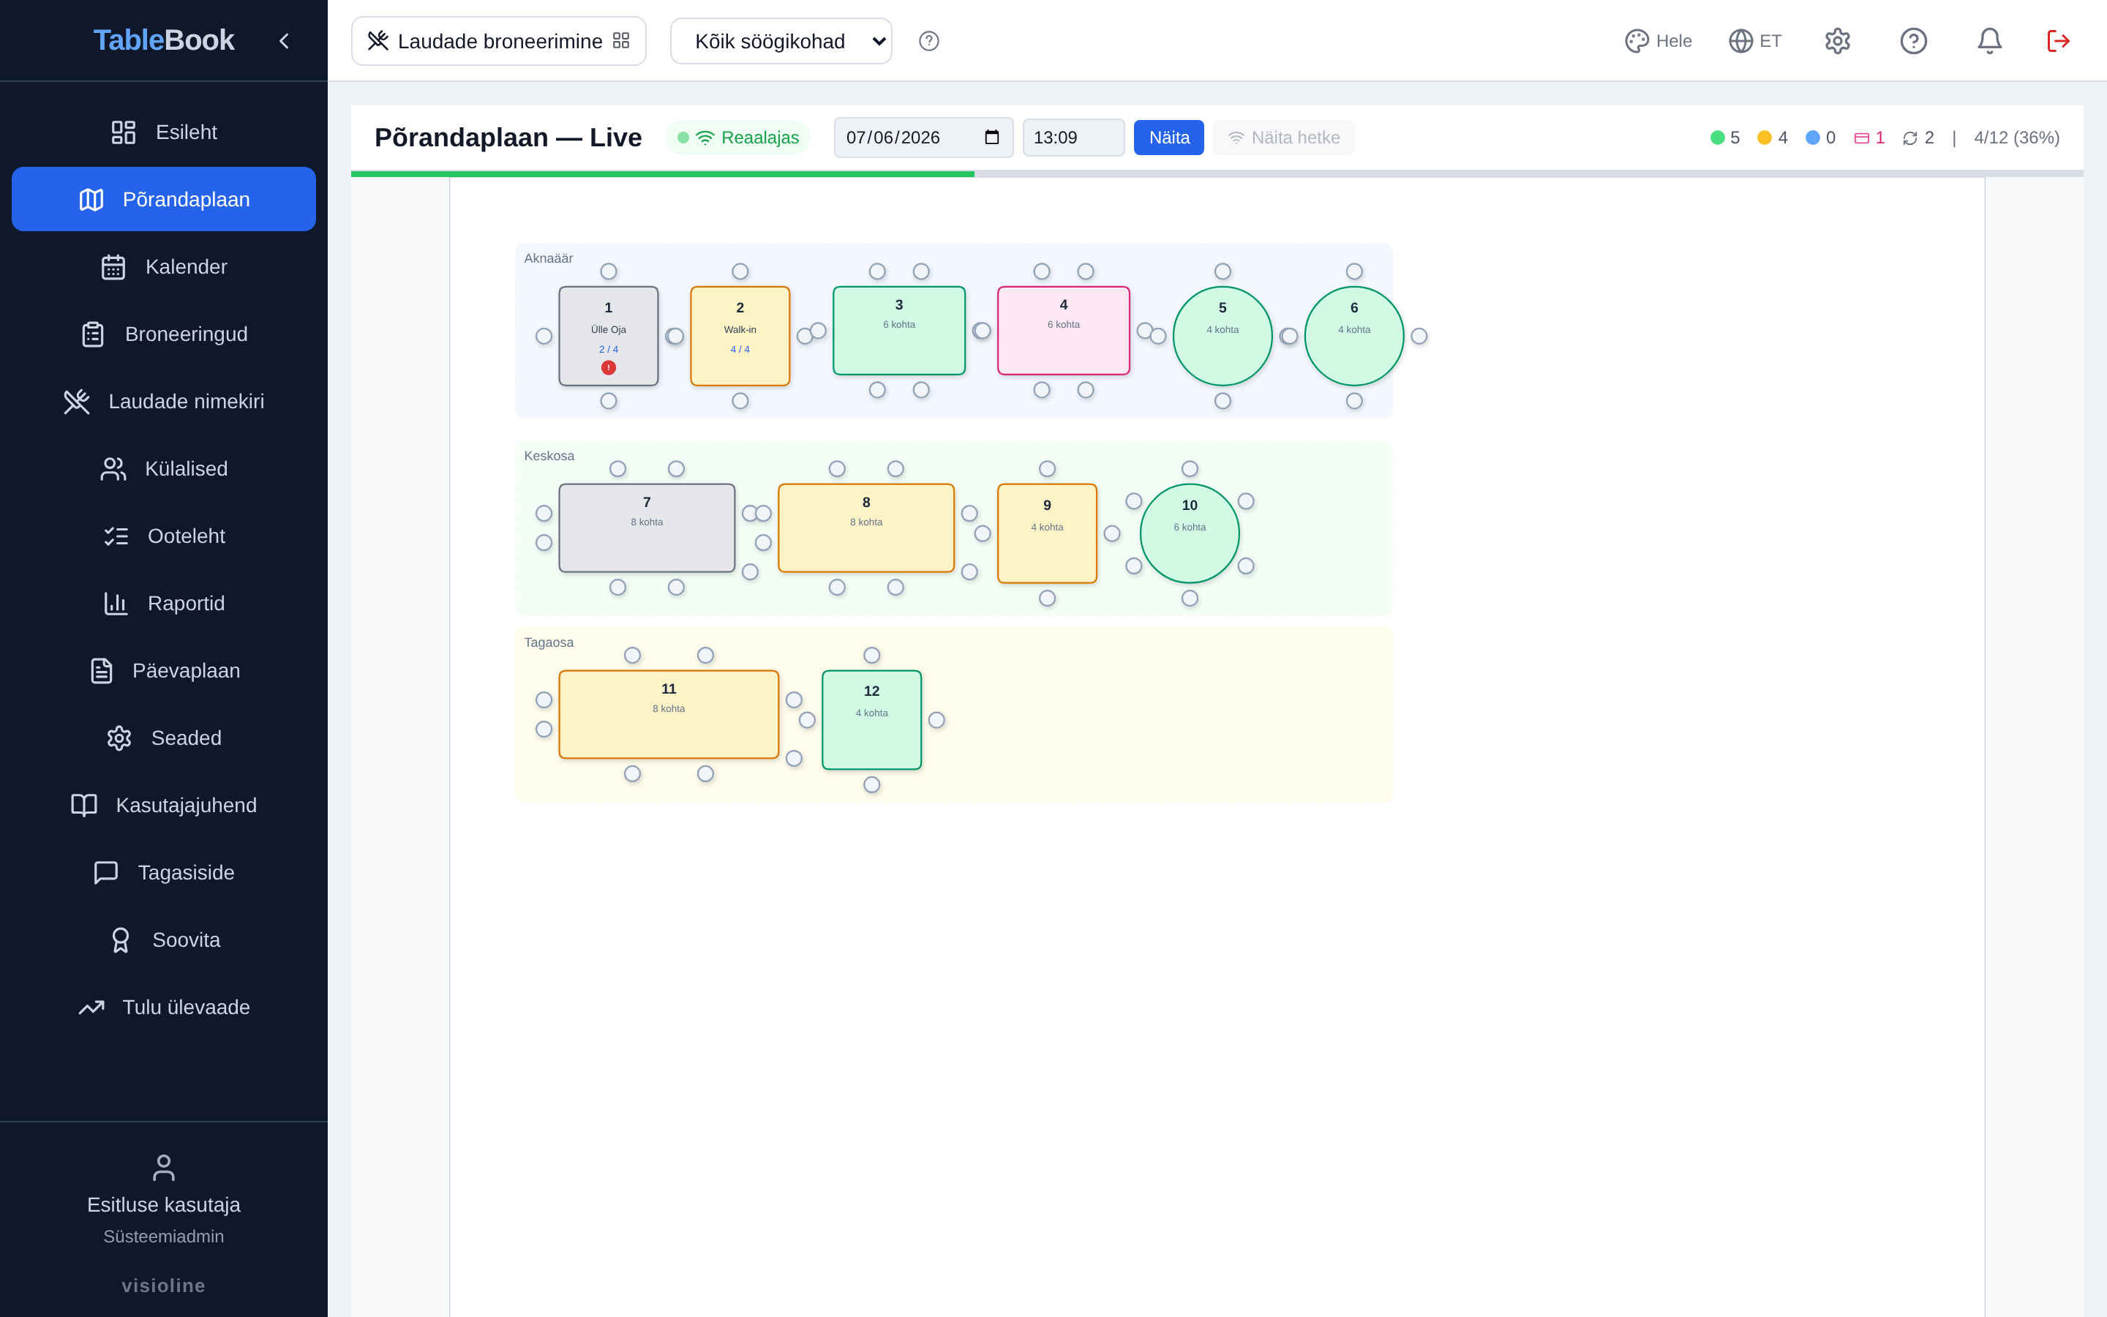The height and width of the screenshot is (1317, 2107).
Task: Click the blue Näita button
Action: click(x=1168, y=138)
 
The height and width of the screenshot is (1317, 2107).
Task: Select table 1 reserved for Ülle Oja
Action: click(x=609, y=337)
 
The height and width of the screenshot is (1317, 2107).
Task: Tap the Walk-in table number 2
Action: click(x=740, y=337)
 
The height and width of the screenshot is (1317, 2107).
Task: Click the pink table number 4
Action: click(x=1064, y=331)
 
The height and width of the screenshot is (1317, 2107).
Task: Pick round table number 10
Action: click(x=1190, y=533)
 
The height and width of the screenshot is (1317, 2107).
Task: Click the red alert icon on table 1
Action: click(x=609, y=367)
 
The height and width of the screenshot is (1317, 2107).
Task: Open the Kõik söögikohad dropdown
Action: click(x=781, y=41)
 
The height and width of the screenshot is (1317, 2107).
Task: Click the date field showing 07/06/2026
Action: click(x=923, y=138)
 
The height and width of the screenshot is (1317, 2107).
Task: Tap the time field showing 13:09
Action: click(x=1073, y=138)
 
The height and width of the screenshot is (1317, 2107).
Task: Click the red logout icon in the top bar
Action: click(x=2058, y=41)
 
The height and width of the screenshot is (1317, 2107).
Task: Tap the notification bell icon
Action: click(x=1989, y=41)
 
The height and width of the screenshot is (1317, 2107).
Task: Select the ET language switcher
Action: click(x=1755, y=41)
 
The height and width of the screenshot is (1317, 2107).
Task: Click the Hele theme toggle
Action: click(x=1659, y=41)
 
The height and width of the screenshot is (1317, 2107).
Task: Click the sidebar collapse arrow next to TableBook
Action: click(x=284, y=41)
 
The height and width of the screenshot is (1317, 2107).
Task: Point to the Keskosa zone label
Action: click(x=549, y=456)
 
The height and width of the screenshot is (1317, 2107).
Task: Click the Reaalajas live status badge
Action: click(x=738, y=138)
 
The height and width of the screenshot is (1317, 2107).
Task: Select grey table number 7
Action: click(x=647, y=528)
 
